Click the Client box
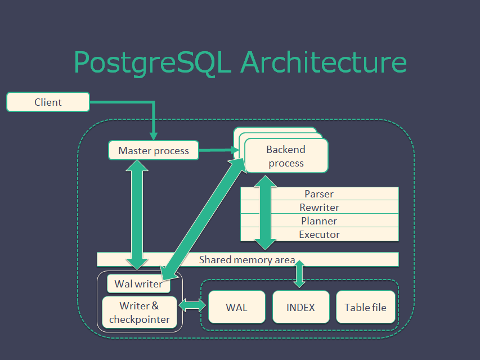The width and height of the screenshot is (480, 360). pos(48,102)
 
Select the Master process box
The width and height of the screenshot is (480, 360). pos(154,150)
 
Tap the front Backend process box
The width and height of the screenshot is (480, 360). pos(286,156)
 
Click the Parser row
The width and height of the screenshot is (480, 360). pos(319,193)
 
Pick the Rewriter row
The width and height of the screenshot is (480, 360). pos(319,207)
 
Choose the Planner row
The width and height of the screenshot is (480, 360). pos(319,220)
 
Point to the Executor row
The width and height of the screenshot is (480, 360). pos(319,234)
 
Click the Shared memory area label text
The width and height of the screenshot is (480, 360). pos(247,260)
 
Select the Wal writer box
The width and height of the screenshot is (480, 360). pos(138,283)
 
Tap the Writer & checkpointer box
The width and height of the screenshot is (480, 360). pos(140,312)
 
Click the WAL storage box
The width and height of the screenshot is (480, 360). pos(237,307)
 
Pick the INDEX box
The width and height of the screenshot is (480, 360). pos(300,307)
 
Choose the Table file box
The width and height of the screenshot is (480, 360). pos(366,307)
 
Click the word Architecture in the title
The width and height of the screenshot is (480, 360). pos(324,62)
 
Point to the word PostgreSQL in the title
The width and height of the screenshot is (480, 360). pos(152,63)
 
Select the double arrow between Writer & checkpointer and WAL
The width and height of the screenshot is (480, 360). pos(192,305)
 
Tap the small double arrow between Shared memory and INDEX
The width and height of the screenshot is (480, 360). pos(299,274)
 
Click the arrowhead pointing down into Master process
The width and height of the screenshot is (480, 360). pos(154,136)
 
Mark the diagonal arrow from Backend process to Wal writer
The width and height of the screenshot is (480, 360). pos(203,219)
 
